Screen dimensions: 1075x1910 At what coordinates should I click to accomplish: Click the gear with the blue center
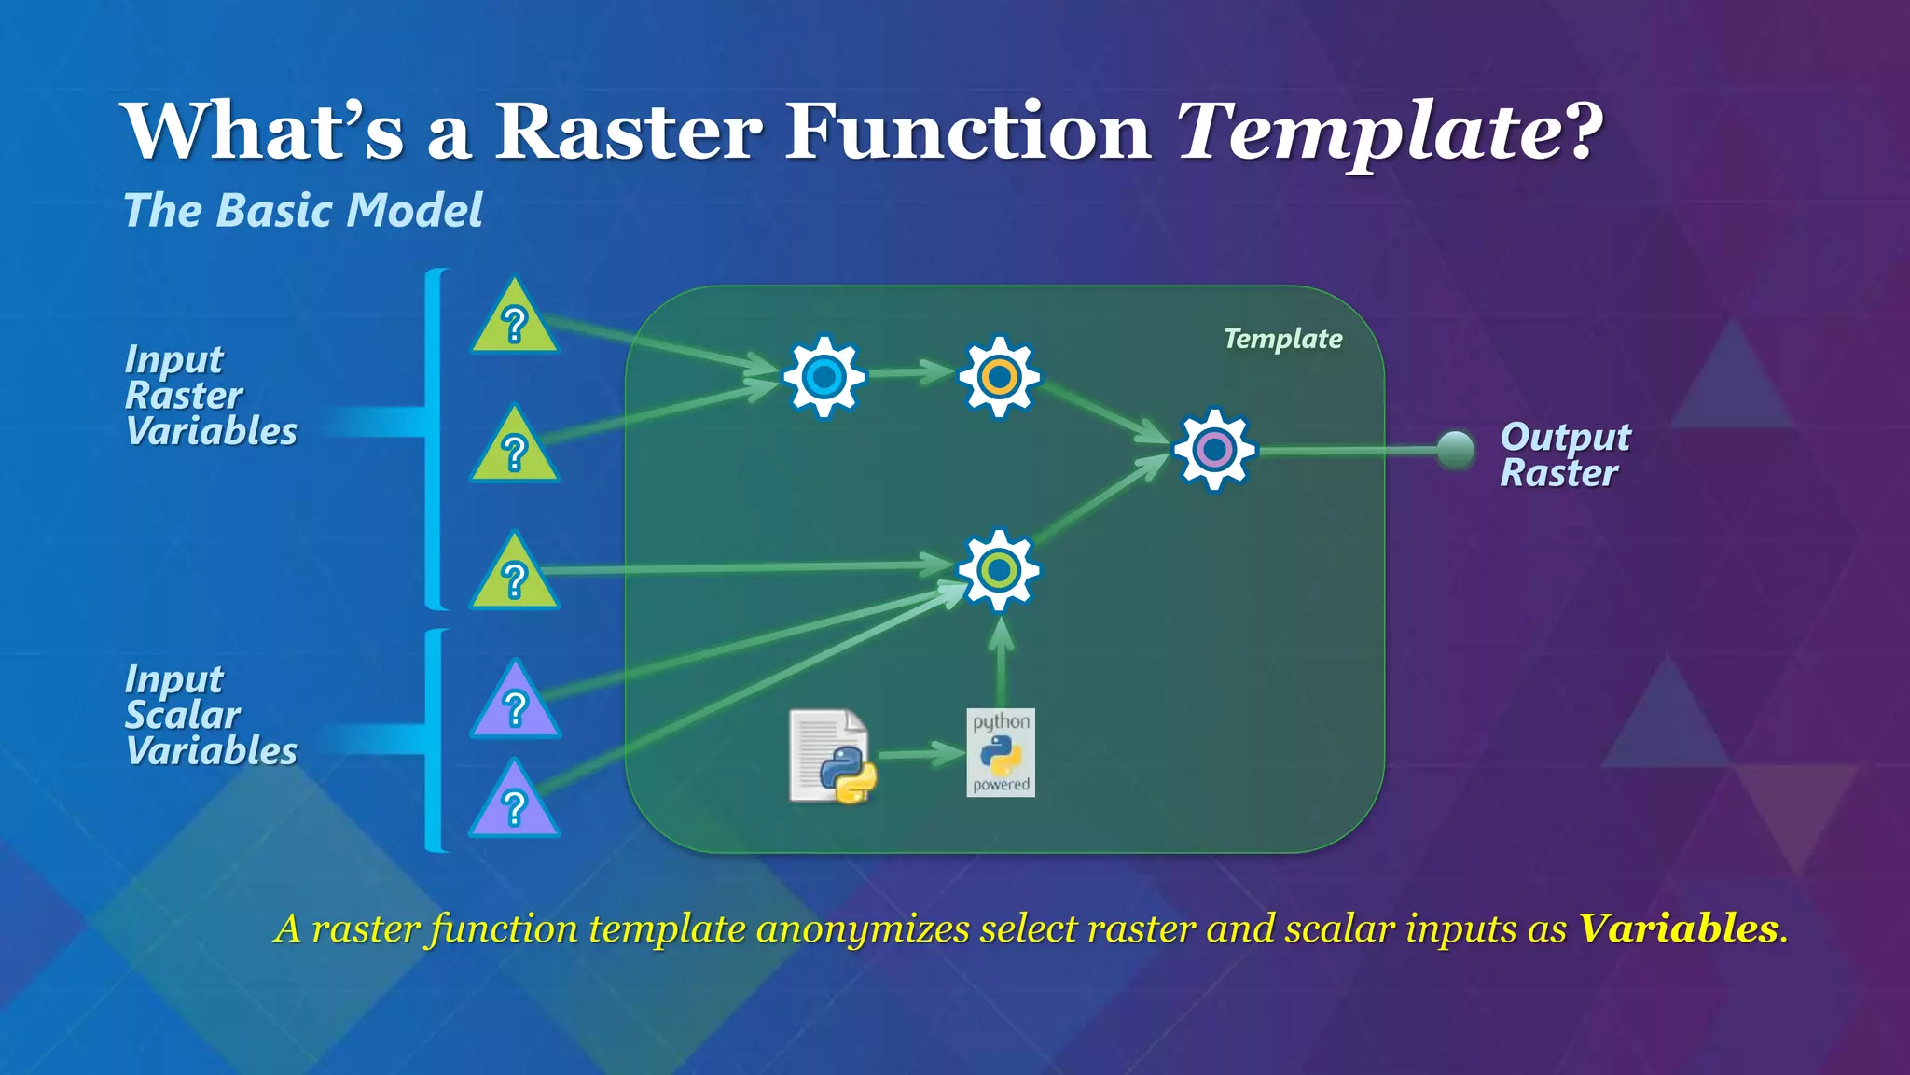[824, 377]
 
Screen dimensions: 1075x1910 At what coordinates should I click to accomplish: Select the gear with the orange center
[999, 377]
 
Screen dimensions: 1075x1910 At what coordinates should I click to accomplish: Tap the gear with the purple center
[1214, 450]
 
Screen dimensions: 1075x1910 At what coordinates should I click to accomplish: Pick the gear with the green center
[999, 570]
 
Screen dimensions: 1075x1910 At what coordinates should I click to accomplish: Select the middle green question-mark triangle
[515, 450]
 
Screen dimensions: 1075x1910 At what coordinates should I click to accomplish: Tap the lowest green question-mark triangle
[515, 577]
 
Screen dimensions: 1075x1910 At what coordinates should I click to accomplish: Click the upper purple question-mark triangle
[515, 705]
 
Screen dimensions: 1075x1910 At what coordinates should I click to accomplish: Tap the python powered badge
[1001, 753]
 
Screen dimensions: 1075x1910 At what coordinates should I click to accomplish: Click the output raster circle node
[1455, 450]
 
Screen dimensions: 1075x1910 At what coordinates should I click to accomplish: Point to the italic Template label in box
[1282, 339]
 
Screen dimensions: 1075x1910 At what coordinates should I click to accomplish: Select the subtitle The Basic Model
[303, 210]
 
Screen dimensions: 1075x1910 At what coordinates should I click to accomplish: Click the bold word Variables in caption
[1678, 928]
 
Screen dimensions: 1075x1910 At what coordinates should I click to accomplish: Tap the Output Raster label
[1565, 454]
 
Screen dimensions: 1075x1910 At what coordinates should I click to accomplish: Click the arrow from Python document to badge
[919, 754]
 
